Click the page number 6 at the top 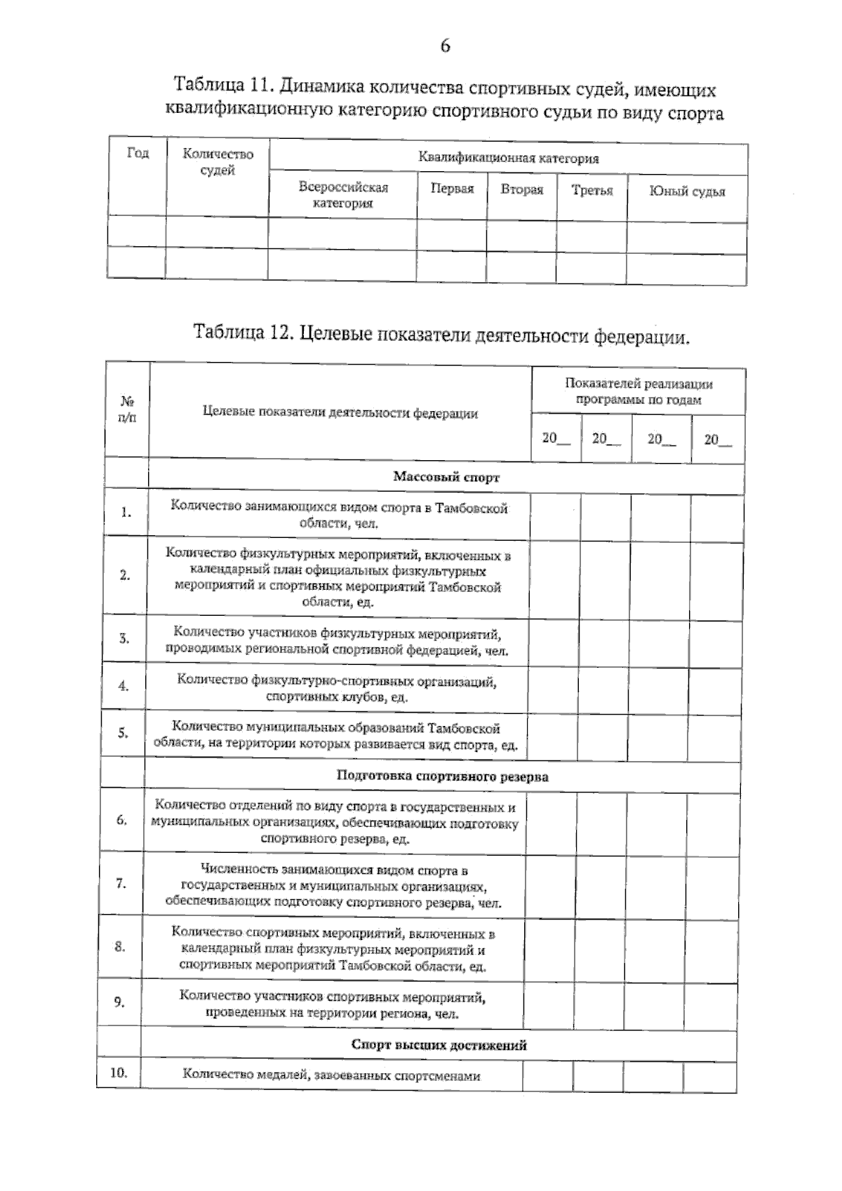(445, 46)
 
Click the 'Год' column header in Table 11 (138, 154)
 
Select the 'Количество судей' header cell (218, 162)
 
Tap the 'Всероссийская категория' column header (343, 195)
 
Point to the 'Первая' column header (452, 189)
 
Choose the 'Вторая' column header (522, 189)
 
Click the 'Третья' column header (592, 190)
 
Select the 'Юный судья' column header (687, 191)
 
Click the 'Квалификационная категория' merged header (509, 158)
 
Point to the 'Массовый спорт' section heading (446, 477)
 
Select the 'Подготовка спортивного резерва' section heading (443, 776)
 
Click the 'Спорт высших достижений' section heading (439, 1045)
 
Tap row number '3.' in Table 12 (123, 638)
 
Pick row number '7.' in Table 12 (121, 883)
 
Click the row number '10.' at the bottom (119, 1072)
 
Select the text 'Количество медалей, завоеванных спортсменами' (332, 1075)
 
